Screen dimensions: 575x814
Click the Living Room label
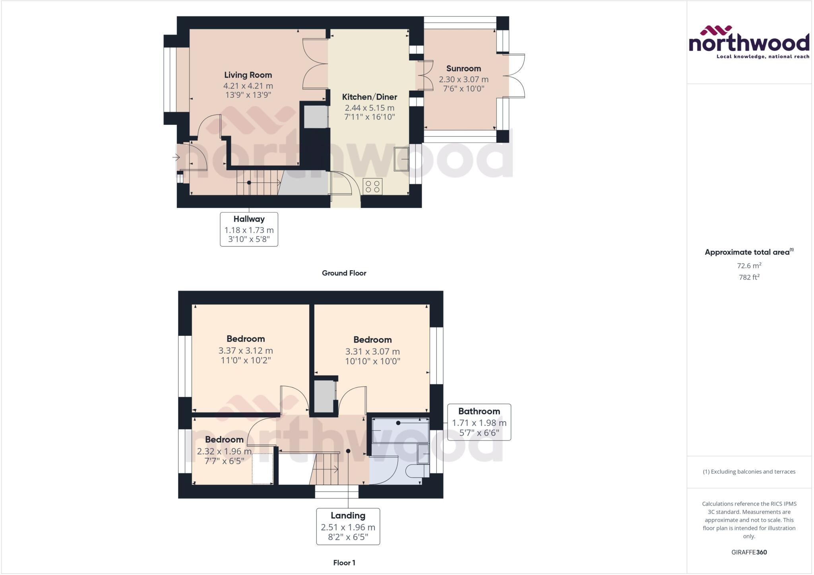click(x=248, y=75)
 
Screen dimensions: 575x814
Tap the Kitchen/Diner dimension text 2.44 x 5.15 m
click(x=369, y=108)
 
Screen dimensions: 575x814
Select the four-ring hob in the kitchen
click(x=372, y=186)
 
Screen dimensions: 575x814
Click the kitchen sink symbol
click(x=401, y=159)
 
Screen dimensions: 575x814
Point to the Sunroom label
click(x=463, y=68)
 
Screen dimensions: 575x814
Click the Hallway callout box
click(x=249, y=229)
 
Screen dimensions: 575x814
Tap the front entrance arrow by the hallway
click(x=176, y=157)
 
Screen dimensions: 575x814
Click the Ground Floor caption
click(x=344, y=273)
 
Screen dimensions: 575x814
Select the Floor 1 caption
click(x=344, y=563)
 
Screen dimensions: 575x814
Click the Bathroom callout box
click(x=479, y=422)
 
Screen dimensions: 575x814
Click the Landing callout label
click(x=348, y=516)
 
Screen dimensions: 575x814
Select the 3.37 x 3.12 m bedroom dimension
click(x=245, y=350)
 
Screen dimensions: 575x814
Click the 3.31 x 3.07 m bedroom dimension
click(x=372, y=351)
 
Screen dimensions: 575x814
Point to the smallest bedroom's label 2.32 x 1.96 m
click(x=224, y=451)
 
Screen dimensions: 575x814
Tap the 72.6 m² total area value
click(x=749, y=265)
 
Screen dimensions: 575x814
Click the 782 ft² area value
click(x=749, y=277)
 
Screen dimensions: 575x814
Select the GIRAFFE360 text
click(x=749, y=552)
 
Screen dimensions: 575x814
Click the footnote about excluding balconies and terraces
click(x=749, y=472)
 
